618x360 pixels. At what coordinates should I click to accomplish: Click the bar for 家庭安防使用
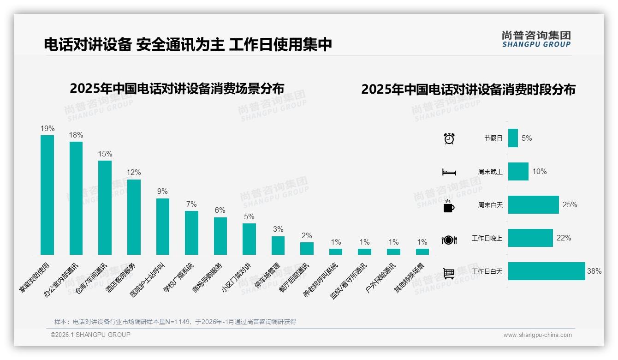(47, 195)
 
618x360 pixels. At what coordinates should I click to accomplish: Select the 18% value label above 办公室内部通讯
(76, 135)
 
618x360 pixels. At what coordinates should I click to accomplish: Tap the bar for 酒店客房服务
(134, 217)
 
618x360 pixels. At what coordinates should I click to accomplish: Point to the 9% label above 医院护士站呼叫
(162, 192)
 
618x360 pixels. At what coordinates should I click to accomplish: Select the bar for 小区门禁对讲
(249, 239)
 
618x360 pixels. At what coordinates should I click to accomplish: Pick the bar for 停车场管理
(278, 246)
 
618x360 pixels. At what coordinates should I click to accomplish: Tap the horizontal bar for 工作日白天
(547, 271)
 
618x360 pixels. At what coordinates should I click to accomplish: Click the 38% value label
(594, 271)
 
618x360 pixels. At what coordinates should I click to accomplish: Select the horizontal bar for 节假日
(513, 138)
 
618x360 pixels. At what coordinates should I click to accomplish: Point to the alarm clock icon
(449, 138)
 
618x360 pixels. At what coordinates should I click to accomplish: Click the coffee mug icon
(449, 206)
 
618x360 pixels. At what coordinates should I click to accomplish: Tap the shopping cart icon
(449, 273)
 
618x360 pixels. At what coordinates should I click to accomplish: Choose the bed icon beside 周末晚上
(449, 172)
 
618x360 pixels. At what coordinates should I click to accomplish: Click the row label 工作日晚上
(487, 238)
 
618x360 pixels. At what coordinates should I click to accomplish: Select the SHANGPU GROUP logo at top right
(536, 39)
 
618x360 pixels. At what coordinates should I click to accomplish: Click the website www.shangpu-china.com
(537, 335)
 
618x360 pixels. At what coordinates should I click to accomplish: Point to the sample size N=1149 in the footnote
(178, 322)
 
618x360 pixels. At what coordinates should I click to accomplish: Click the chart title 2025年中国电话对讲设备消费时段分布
(468, 90)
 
